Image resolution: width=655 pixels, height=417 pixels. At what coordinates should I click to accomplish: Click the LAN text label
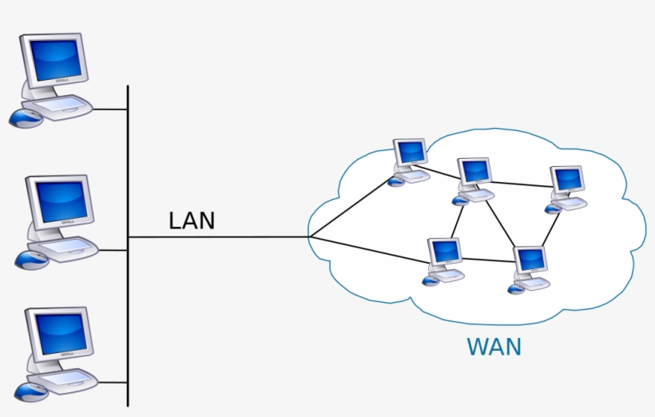pos(192,220)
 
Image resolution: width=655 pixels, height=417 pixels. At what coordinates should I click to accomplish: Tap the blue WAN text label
pos(494,347)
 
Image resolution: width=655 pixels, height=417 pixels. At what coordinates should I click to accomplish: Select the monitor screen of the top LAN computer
pos(54,61)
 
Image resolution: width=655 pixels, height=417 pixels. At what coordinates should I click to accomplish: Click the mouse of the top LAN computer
pos(25,118)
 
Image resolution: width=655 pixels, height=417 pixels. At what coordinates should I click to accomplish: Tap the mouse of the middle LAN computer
pos(31,259)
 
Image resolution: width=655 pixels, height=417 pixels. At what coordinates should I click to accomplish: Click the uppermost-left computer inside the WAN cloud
pos(411,160)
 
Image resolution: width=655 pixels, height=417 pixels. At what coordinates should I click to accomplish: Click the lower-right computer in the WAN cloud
pos(530,268)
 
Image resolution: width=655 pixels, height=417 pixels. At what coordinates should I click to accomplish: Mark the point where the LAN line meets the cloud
pos(310,237)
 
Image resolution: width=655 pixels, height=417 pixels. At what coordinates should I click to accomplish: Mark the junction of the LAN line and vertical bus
pos(128,237)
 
